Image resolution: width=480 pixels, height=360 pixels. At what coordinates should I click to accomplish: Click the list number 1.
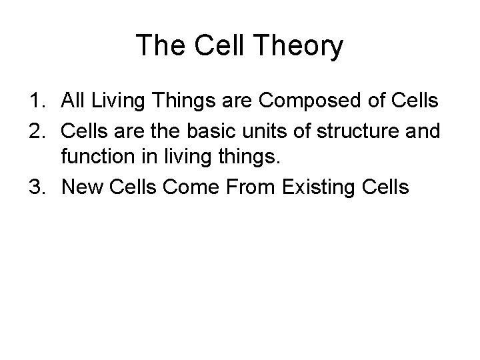(x=35, y=101)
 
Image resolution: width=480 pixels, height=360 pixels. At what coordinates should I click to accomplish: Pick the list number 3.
(x=35, y=187)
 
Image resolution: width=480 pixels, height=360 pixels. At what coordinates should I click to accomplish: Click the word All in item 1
(x=73, y=101)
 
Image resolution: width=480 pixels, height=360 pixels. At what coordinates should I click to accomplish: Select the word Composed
(x=313, y=102)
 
